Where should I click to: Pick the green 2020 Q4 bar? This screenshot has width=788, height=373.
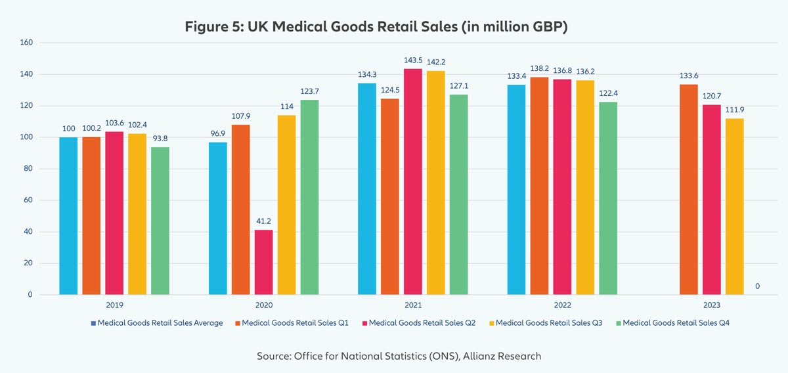point(309,197)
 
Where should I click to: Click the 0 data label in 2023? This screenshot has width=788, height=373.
point(757,286)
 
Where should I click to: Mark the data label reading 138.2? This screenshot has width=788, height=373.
point(539,68)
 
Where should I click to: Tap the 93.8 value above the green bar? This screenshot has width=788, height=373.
point(160,138)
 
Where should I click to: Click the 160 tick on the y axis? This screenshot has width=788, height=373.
point(27,43)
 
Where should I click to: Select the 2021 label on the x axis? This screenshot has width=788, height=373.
point(413,305)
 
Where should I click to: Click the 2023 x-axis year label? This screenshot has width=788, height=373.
point(711,305)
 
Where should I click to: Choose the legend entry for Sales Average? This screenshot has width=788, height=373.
point(160,323)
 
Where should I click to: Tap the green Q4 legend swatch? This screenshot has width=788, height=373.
point(618,323)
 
